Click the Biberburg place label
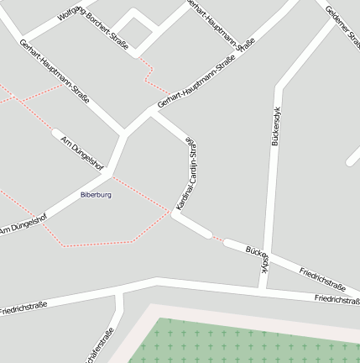(96, 195)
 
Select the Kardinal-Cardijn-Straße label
(187, 174)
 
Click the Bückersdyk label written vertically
(274, 126)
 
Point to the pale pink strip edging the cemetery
(252, 313)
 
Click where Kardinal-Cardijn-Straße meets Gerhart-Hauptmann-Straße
(154, 112)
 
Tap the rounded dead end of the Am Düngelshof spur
(55, 132)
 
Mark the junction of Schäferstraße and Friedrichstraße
(122, 288)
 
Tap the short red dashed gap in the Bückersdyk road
(217, 239)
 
